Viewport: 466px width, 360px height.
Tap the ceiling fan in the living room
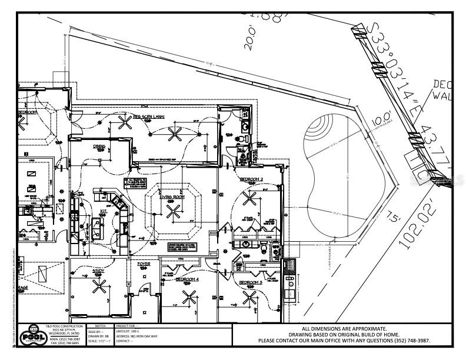coord(172,214)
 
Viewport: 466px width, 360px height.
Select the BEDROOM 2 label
coord(251,178)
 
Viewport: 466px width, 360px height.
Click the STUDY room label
coord(98,271)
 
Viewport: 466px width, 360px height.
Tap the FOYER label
coord(144,264)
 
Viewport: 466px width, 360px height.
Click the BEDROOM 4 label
coord(188,278)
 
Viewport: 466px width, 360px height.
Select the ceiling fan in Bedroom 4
coord(188,296)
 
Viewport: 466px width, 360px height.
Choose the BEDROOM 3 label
coord(251,282)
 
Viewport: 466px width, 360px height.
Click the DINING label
coord(98,146)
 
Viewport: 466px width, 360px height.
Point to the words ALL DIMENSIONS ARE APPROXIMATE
coord(344,329)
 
